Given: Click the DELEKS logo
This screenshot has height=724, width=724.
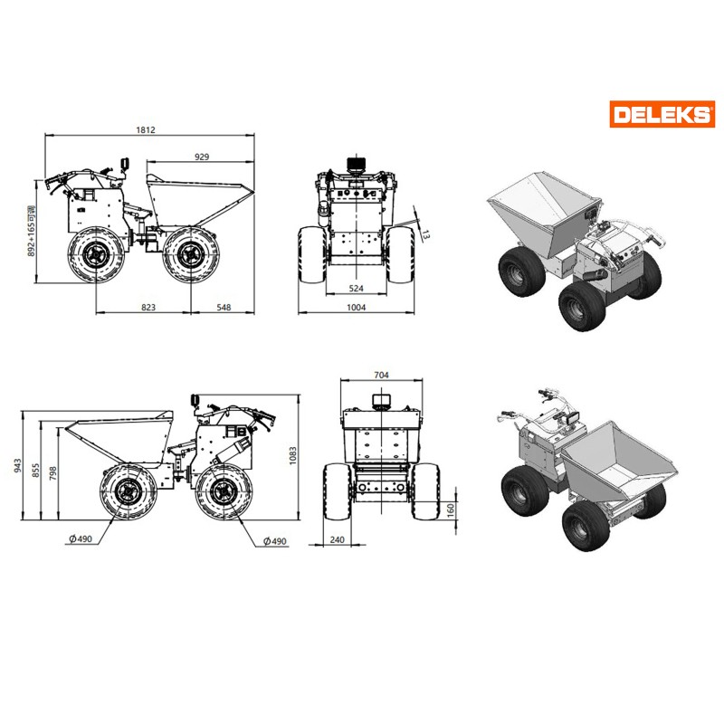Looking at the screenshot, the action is (x=662, y=114).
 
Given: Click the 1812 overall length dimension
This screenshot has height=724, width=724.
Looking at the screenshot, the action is (x=146, y=129).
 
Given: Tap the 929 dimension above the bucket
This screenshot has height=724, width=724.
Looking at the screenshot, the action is (x=202, y=157).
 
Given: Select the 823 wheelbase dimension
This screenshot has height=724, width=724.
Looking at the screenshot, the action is (x=148, y=307).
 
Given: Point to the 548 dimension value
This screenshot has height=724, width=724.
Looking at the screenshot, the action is (x=224, y=307).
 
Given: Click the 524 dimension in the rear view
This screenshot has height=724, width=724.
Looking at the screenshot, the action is (x=356, y=288).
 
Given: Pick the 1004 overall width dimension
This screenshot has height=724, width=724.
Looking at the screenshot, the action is (x=356, y=307).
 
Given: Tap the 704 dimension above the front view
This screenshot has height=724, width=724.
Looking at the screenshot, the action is (x=381, y=375).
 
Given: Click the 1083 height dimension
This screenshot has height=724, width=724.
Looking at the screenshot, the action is (x=292, y=456).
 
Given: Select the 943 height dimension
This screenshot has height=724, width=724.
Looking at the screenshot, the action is (x=17, y=465).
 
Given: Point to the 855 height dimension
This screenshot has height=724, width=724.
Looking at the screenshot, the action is (x=35, y=471).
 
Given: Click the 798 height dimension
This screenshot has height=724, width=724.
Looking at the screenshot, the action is (x=53, y=472).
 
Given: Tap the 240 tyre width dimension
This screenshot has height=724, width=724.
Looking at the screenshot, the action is (x=337, y=539).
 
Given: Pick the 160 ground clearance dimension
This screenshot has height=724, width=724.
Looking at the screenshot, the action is (x=451, y=510).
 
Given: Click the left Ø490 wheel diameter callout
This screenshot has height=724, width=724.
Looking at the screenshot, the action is (x=81, y=538).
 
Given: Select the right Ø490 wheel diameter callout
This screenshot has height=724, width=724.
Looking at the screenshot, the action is (x=275, y=540).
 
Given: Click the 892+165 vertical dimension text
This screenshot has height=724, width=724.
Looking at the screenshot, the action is (x=32, y=231).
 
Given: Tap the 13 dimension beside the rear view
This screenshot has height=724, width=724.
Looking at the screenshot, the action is (x=425, y=234).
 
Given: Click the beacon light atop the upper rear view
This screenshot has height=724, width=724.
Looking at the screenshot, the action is (x=357, y=165).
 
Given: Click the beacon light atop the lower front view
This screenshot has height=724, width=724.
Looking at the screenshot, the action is (x=381, y=400).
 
